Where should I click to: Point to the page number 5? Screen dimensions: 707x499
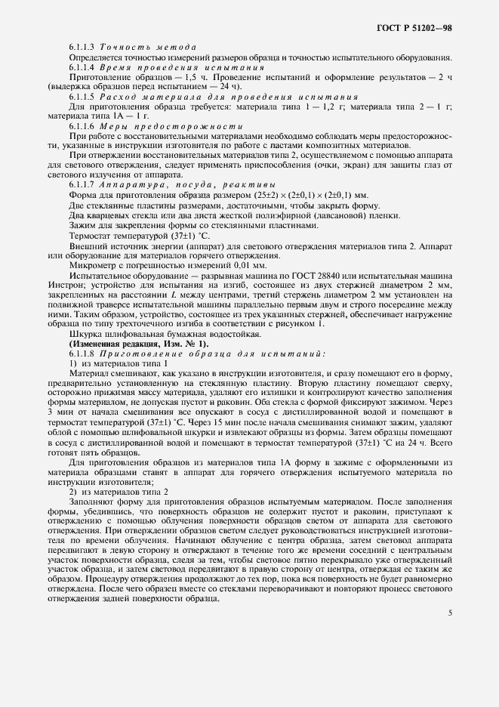(451, 613)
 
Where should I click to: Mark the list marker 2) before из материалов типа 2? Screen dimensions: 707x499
(75, 492)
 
